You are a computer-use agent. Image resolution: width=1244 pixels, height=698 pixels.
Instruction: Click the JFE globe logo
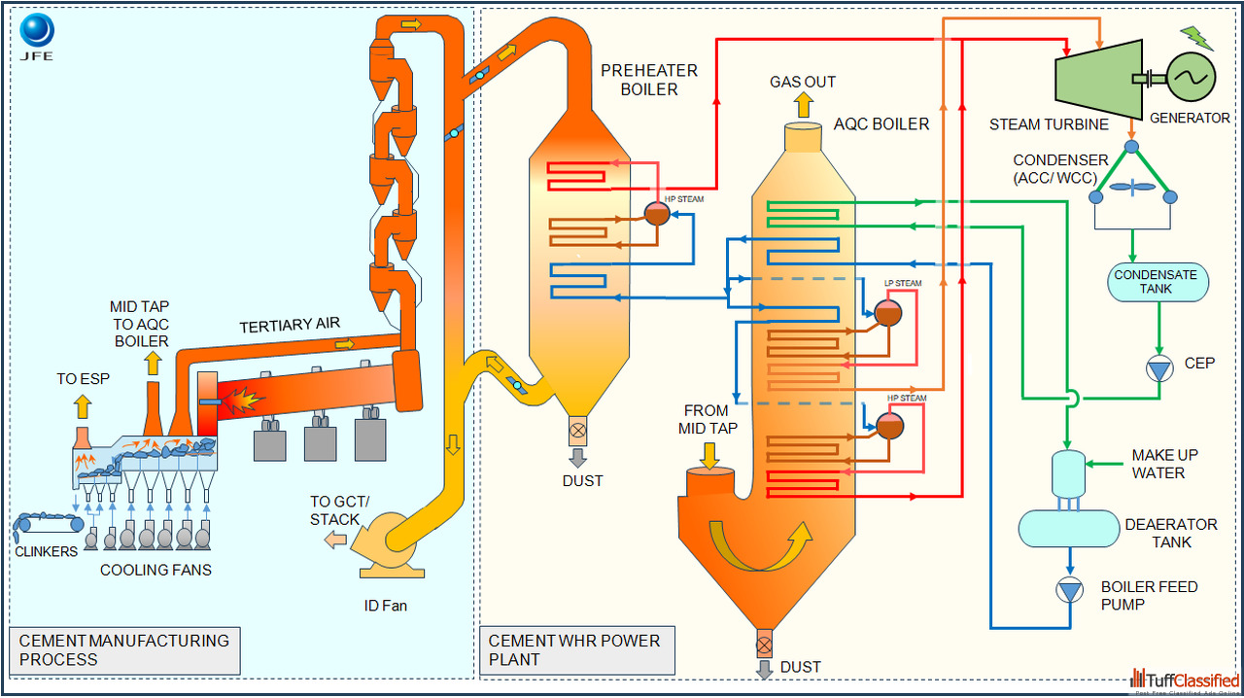[37, 30]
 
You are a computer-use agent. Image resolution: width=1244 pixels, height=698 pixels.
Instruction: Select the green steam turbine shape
[1099, 80]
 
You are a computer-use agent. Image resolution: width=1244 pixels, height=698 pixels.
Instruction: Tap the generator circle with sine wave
[1192, 77]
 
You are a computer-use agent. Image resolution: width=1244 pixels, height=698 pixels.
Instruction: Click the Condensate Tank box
[1158, 282]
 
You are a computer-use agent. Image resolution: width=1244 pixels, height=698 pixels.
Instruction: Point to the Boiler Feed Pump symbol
[1070, 590]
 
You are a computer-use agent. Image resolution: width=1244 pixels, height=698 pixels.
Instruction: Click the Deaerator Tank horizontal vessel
[1068, 529]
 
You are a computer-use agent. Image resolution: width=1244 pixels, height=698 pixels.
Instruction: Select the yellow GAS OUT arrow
[803, 105]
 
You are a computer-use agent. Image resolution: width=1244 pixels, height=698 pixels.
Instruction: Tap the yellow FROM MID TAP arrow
[709, 456]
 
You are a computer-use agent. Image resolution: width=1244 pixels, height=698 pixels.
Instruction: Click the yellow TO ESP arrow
[83, 406]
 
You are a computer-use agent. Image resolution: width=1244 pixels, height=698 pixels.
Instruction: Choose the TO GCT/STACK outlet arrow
[335, 540]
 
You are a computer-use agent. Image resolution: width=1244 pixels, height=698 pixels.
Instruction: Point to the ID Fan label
[386, 606]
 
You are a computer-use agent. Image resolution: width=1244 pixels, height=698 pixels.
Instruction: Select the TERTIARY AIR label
[290, 325]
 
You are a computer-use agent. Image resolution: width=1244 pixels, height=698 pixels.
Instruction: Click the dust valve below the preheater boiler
[577, 431]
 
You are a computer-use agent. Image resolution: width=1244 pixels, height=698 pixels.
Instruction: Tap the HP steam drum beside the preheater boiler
[657, 214]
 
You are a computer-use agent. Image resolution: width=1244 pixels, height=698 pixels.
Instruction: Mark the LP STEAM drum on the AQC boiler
[888, 312]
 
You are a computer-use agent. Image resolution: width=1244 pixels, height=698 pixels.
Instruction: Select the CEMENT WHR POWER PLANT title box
[577, 650]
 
